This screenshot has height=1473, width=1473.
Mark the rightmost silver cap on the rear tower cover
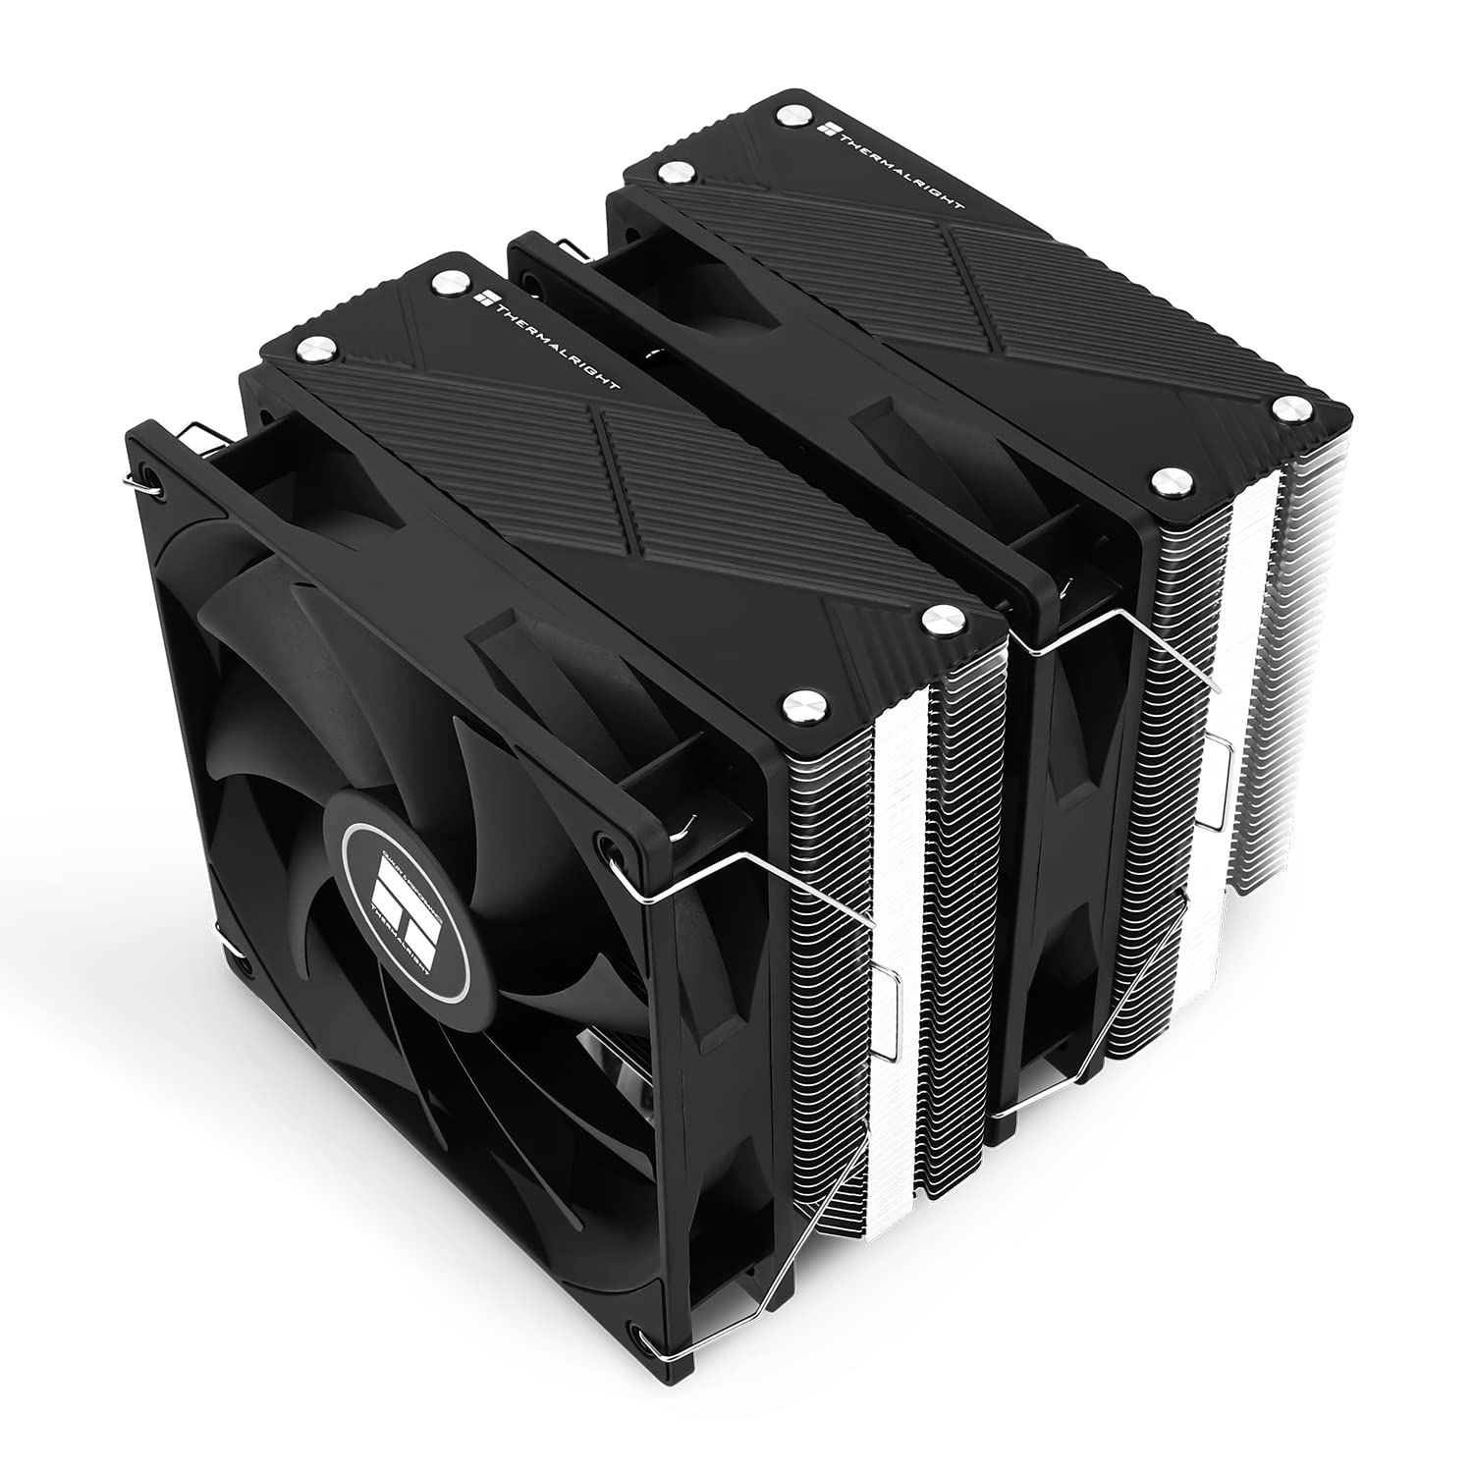[1285, 407]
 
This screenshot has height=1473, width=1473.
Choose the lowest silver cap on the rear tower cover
[1166, 480]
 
